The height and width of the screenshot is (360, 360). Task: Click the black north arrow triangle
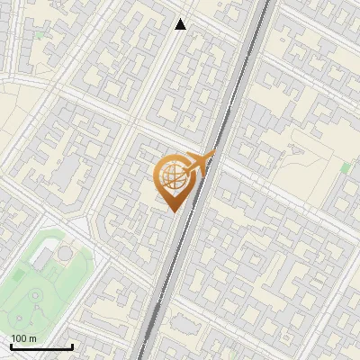tap(181, 24)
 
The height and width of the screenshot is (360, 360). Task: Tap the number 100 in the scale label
tap(20, 338)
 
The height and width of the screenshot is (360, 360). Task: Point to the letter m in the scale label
tap(32, 338)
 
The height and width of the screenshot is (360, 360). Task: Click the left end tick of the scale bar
tap(11, 346)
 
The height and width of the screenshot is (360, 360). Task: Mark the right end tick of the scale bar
tap(72, 346)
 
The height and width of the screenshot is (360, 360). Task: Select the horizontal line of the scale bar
tap(41, 347)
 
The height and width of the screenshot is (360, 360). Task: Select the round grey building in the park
tap(66, 255)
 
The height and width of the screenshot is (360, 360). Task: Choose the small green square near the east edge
tap(346, 166)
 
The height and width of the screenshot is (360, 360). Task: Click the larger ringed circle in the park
tap(35, 295)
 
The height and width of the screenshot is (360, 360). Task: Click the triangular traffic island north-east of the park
tap(80, 225)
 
